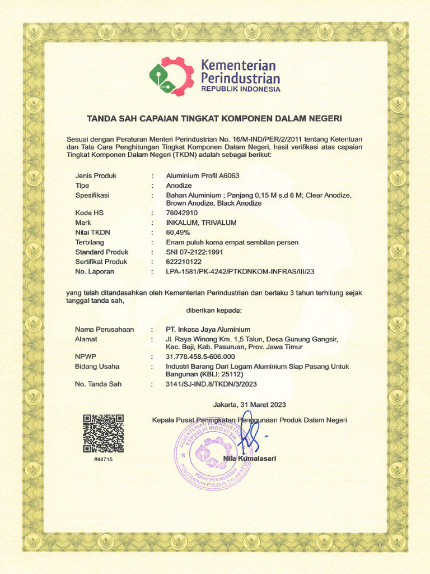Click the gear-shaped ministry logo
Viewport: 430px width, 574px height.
[x=171, y=76]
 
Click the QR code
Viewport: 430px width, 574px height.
[x=103, y=433]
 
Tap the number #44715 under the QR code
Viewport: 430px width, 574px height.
[x=103, y=459]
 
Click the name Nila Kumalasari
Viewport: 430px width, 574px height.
[x=249, y=459]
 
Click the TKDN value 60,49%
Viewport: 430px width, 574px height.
[x=178, y=232]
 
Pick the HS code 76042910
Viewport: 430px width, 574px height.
[x=182, y=213]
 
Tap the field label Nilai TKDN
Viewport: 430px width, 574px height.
[x=93, y=232]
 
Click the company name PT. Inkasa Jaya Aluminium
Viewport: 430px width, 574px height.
[x=208, y=330]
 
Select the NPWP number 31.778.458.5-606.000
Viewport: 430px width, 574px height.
[x=200, y=357]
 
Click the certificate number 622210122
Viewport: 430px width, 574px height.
[x=184, y=262]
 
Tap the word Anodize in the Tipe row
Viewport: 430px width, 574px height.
[x=179, y=186]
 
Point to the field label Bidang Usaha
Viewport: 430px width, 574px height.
[x=97, y=367]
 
